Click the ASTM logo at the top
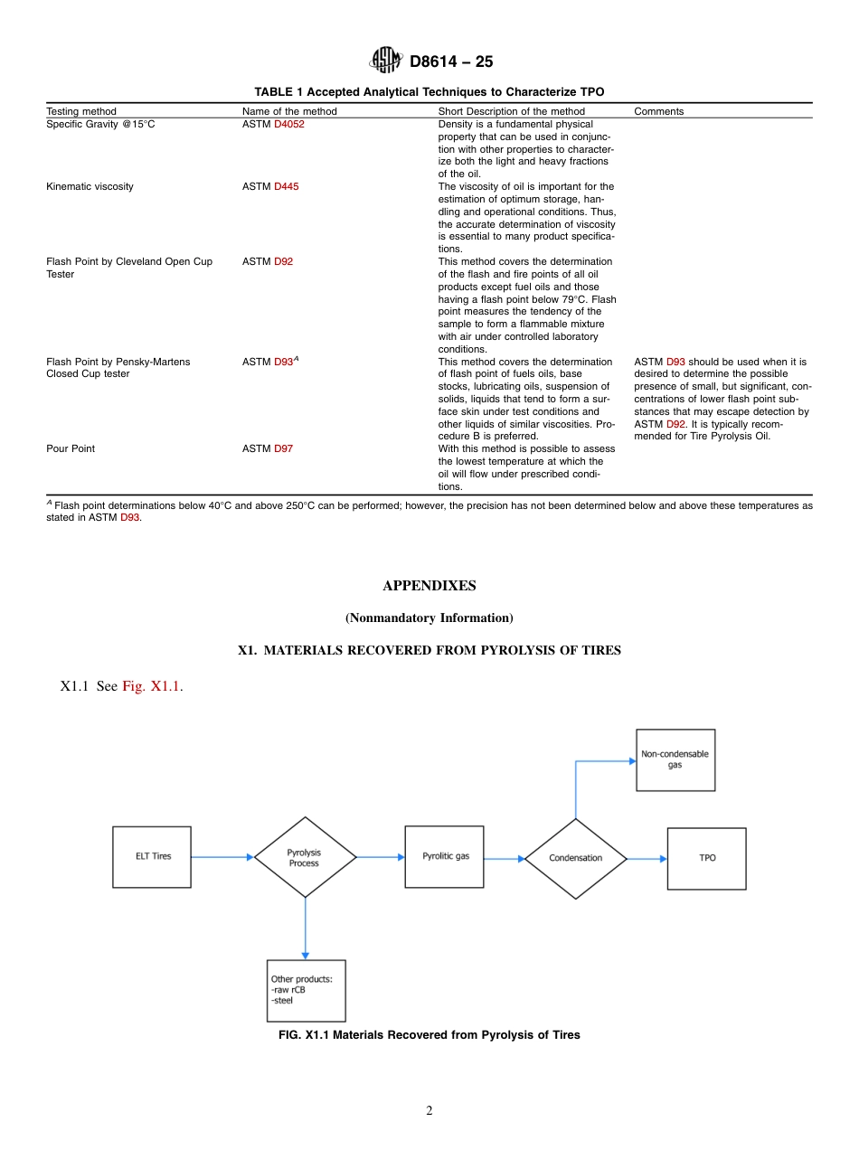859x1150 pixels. (x=386, y=61)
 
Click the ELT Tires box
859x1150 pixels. (x=152, y=856)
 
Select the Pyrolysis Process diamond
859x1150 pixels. (x=305, y=857)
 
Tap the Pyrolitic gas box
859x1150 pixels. (x=444, y=856)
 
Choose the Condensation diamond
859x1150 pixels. (x=576, y=858)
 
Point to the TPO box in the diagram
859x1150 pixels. (x=706, y=858)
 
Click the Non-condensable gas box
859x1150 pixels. (x=675, y=759)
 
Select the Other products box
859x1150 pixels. (x=307, y=990)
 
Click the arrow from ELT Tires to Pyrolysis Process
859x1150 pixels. (x=222, y=856)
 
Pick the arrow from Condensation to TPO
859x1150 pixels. (x=647, y=858)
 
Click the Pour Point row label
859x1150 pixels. (x=71, y=449)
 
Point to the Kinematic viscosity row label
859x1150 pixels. (x=90, y=187)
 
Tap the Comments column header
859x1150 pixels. (x=658, y=112)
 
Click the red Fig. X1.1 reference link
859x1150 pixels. (x=152, y=686)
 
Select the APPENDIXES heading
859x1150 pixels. (x=429, y=586)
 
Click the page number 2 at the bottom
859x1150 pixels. (x=429, y=1111)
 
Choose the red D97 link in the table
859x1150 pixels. (x=283, y=449)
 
